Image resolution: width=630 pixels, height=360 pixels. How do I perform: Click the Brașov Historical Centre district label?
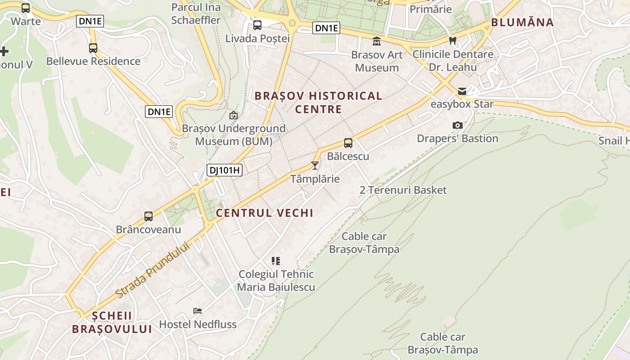(318, 102)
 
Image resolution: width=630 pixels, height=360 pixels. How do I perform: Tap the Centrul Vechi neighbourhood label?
(265, 213)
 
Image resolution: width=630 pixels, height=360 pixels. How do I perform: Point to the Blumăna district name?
(522, 22)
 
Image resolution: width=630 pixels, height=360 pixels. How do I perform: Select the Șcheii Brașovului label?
(112, 322)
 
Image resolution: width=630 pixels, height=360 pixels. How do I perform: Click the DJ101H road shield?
(225, 170)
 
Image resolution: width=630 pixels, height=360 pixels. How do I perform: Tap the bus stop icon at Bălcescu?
(348, 143)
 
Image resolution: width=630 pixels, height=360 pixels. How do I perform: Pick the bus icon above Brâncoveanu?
(148, 216)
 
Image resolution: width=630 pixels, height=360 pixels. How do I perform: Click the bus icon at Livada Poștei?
(257, 25)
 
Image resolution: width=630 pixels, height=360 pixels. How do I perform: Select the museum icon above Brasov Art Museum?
(377, 42)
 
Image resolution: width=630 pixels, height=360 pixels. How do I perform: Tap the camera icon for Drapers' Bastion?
(458, 125)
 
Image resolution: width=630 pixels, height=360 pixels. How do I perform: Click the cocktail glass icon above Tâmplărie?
(315, 166)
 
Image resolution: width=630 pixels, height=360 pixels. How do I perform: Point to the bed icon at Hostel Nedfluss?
(198, 310)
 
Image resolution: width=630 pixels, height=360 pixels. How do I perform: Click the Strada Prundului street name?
(153, 270)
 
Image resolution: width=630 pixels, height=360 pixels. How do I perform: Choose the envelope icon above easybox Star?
(462, 91)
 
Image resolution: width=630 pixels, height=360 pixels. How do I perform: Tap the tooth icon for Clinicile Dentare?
(453, 40)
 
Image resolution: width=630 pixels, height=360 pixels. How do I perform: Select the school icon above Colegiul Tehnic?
(276, 261)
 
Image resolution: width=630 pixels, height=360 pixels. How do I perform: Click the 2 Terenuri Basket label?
(403, 190)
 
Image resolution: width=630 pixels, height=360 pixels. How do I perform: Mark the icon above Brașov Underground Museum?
(233, 116)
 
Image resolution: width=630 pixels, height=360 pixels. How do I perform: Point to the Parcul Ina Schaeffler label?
(196, 13)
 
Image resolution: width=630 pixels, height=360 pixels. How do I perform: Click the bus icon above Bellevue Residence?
(93, 48)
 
